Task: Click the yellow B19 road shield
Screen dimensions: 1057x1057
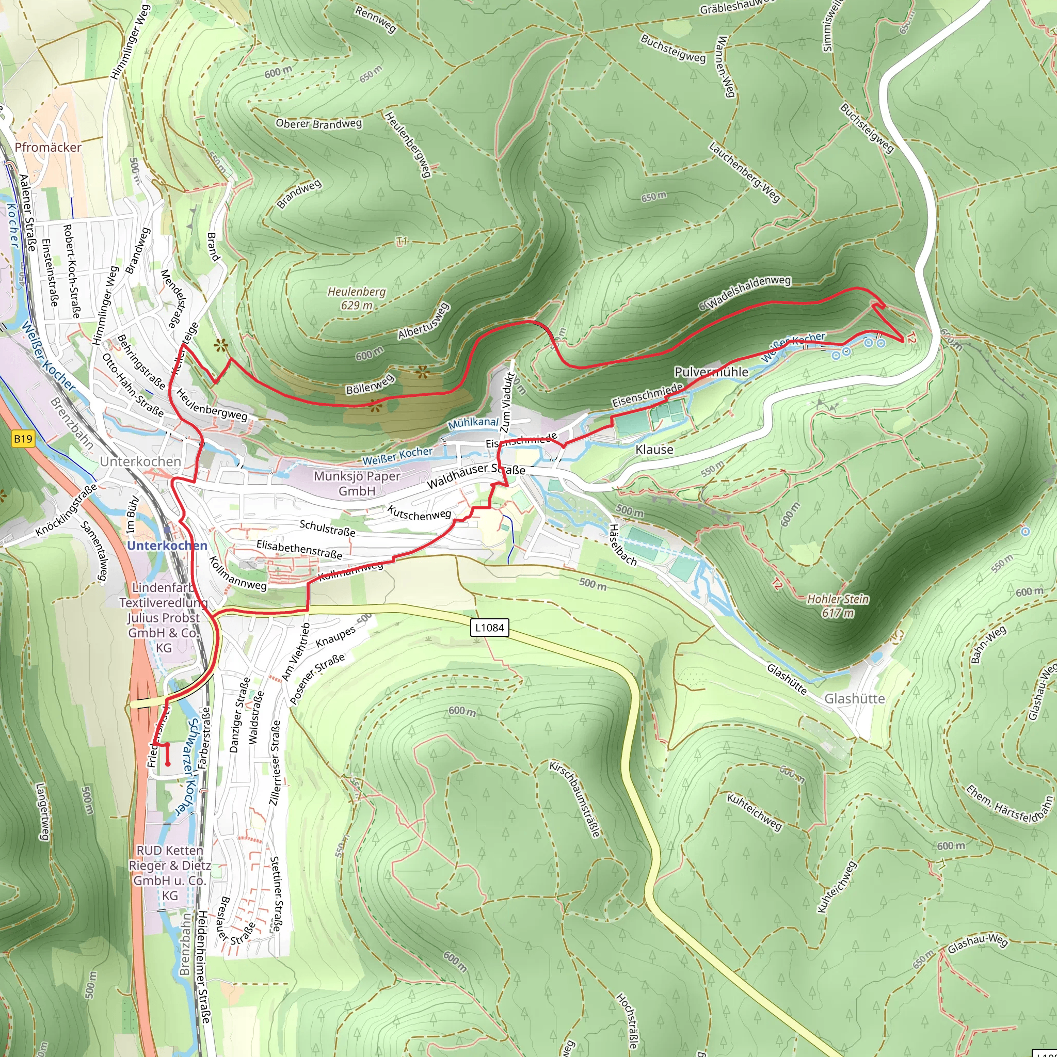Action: [x=23, y=438]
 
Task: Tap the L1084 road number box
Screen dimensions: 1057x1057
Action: [x=490, y=628]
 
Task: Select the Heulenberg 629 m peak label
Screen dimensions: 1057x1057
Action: [x=357, y=299]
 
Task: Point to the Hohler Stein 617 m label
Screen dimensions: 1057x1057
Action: [x=838, y=605]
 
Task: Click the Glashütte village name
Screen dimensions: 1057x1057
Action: [x=854, y=699]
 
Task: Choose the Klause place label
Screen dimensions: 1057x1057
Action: [x=654, y=450]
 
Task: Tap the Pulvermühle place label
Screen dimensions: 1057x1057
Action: [x=711, y=372]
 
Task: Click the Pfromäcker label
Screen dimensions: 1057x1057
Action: [x=48, y=147]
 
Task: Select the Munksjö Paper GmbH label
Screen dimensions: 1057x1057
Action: [x=357, y=483]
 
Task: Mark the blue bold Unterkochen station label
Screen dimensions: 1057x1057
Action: [x=167, y=546]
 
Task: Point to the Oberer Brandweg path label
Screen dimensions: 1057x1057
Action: [x=318, y=124]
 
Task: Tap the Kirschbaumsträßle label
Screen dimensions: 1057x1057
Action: [x=574, y=798]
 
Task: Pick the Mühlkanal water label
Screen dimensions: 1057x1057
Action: [x=473, y=423]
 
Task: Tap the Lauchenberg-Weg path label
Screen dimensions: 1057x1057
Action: [x=744, y=172]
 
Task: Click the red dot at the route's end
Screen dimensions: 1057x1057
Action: [x=168, y=764]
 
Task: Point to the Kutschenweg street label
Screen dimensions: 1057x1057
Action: [x=419, y=513]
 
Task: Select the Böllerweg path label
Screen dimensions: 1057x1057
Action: [x=370, y=384]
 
